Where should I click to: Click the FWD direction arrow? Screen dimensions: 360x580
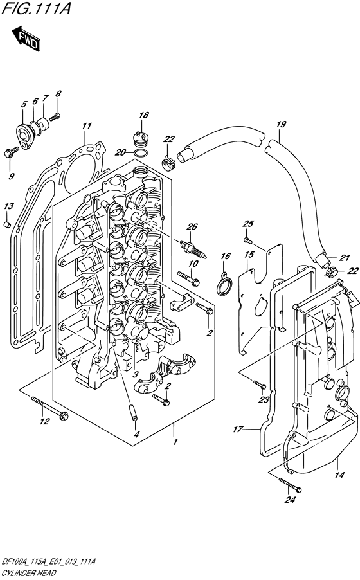(x=26, y=38)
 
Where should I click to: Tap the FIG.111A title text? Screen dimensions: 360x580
(x=36, y=8)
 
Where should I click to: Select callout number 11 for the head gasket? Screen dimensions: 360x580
(x=86, y=126)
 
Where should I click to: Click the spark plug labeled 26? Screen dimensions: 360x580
(x=193, y=250)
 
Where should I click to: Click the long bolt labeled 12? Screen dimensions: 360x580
(x=50, y=408)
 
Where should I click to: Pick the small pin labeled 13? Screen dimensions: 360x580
(x=7, y=224)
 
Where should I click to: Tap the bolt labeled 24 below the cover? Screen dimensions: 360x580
(x=290, y=485)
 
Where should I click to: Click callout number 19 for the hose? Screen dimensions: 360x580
(x=281, y=124)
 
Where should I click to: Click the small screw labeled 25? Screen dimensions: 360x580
(x=248, y=240)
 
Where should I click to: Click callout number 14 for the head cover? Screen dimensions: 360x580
(x=339, y=475)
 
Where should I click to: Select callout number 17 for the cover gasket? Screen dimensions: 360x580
(x=238, y=429)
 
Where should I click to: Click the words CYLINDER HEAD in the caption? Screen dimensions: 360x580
(x=28, y=574)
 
